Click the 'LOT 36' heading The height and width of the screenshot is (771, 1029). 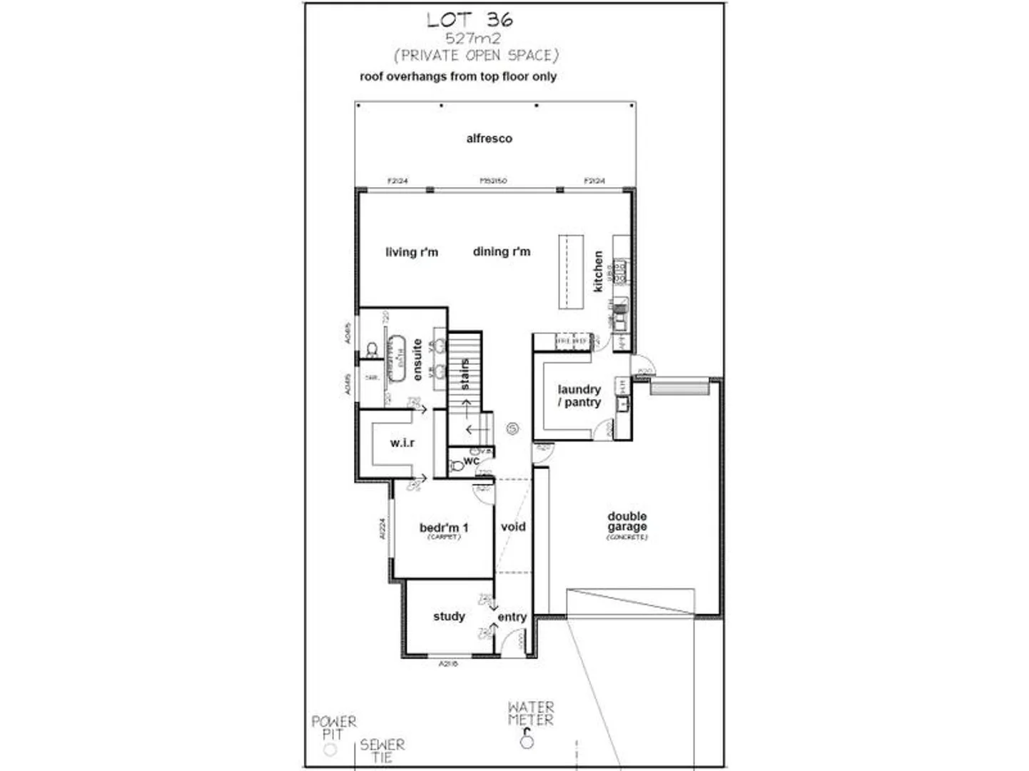pos(470,19)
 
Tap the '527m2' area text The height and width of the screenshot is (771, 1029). pos(473,39)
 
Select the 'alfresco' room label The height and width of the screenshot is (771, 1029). pos(489,138)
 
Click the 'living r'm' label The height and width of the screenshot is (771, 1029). pos(412,252)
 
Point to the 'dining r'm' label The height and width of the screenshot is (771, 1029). pos(502,251)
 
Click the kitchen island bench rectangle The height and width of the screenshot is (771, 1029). pos(571,271)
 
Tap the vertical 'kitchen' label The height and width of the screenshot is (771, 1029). pos(598,271)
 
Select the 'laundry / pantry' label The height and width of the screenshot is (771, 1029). pos(579,395)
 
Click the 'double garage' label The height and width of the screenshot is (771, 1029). pos(627,522)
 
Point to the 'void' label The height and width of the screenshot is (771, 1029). pos(513,527)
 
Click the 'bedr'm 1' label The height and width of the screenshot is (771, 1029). pos(444,528)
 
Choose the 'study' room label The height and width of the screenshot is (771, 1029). pos(449,616)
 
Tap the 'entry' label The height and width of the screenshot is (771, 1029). pos(512,617)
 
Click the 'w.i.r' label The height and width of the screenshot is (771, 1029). pos(402,443)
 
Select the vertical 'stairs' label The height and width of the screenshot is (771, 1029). pos(465,374)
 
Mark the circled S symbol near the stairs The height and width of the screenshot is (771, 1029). pos(512,428)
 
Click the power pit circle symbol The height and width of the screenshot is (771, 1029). pos(330,750)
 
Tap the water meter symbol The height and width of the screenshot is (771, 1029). pos(527,741)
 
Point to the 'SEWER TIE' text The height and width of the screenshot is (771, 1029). pos(382,750)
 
